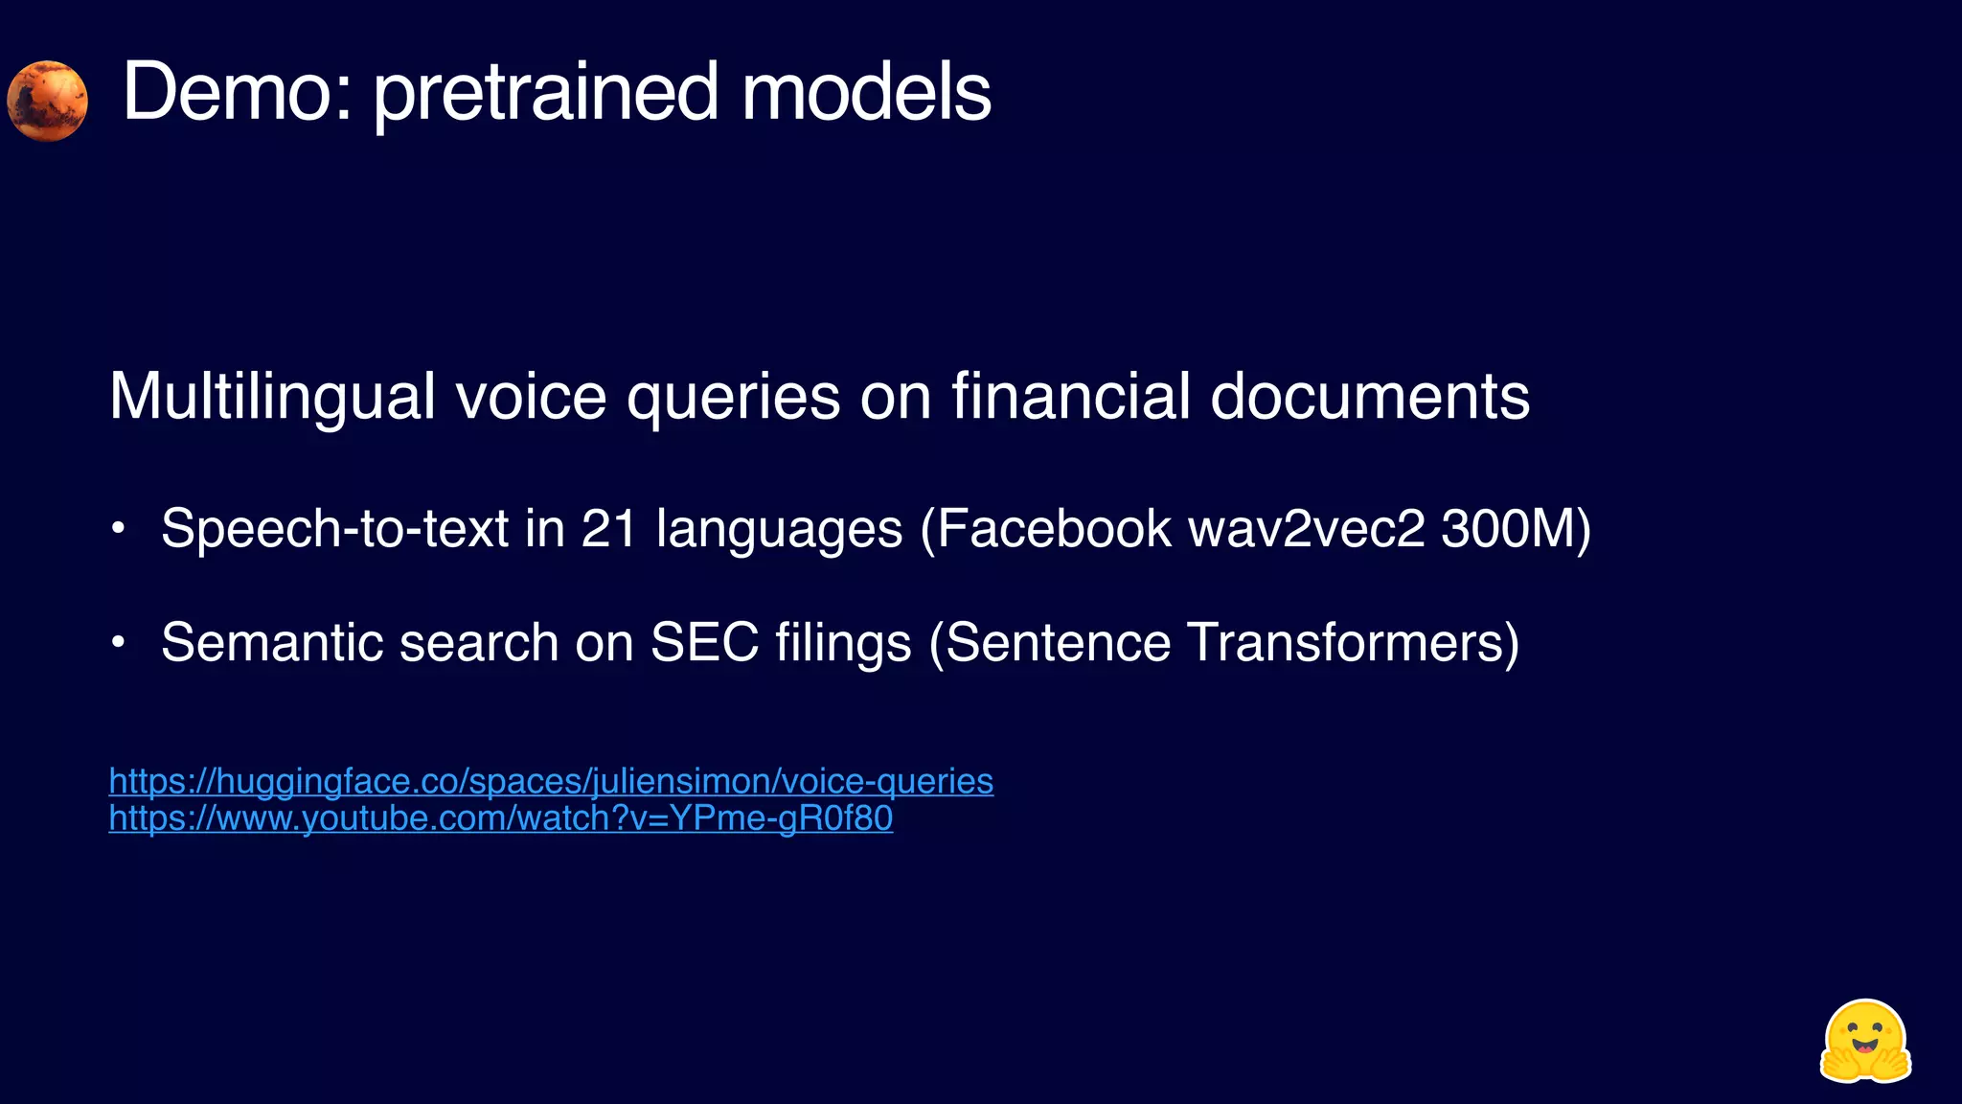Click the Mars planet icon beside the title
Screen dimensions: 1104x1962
pos(47,101)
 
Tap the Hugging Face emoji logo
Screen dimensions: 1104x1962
pos(1864,1042)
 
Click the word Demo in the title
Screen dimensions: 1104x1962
pos(237,92)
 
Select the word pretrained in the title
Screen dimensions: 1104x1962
pos(545,94)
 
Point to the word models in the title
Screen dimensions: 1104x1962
pos(866,92)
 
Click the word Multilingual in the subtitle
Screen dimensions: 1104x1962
pos(272,397)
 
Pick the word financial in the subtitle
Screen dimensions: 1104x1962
pos(1070,396)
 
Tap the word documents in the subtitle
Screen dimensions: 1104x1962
pos(1370,396)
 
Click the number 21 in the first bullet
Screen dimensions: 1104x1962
pos(609,528)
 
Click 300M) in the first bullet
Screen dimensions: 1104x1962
pos(1516,528)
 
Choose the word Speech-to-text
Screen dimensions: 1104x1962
pos(334,529)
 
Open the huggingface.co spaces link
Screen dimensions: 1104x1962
pos(551,781)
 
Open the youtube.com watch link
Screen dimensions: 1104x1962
pos(501,818)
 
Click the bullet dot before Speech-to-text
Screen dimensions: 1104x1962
pos(118,529)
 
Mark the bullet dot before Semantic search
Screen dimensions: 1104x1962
pos(118,642)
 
